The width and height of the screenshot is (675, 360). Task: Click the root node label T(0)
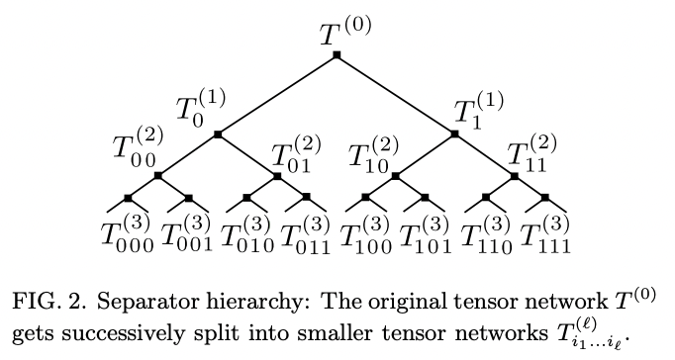[345, 32]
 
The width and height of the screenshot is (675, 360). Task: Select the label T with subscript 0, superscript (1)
[201, 109]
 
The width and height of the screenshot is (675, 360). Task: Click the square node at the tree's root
[337, 54]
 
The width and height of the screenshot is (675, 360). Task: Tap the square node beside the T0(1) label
[218, 133]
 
